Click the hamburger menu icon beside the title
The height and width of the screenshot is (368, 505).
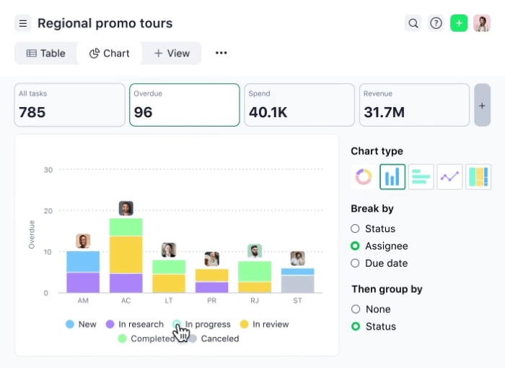click(x=23, y=23)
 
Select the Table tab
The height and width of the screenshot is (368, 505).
click(x=45, y=54)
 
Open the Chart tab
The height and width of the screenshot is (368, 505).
click(x=110, y=54)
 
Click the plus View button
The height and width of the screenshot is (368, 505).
click(x=172, y=54)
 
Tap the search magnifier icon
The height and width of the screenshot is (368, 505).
click(x=413, y=23)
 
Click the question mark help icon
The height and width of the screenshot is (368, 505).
click(x=436, y=23)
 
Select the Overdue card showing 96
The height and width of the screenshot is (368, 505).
click(x=184, y=105)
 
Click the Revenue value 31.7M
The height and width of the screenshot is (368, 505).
click(x=384, y=112)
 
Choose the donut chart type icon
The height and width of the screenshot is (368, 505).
click(x=363, y=176)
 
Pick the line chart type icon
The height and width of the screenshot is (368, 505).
click(x=450, y=176)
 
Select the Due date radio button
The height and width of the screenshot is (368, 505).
click(x=355, y=263)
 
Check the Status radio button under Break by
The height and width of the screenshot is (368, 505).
click(x=355, y=228)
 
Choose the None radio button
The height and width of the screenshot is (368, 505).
click(x=355, y=309)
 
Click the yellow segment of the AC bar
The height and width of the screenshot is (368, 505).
click(x=126, y=254)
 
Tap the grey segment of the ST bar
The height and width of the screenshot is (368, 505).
click(x=297, y=284)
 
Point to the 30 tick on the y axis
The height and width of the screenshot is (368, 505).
click(x=48, y=170)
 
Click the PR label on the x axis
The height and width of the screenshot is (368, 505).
click(x=211, y=300)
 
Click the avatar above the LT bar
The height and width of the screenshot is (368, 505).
click(x=169, y=250)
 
